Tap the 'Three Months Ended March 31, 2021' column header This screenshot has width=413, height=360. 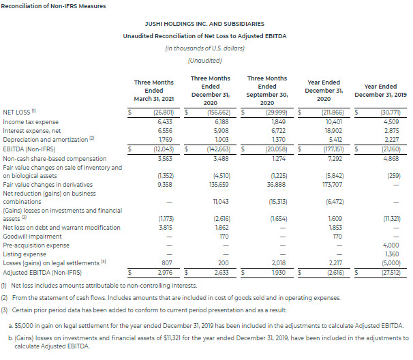(153, 90)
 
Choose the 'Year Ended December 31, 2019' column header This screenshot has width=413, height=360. (380, 90)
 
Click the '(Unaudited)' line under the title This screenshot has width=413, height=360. (206, 60)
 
